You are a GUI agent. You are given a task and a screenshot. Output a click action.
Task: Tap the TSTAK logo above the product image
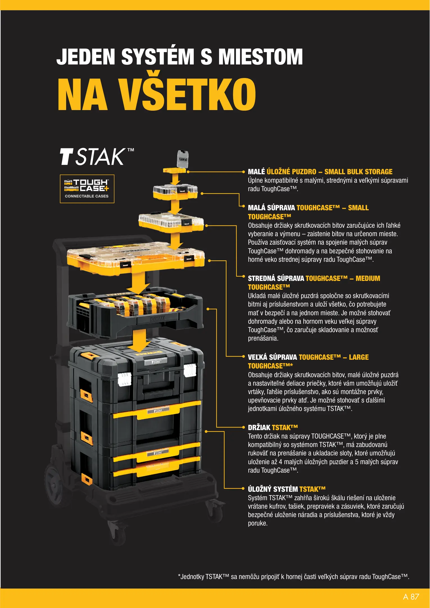[97, 157]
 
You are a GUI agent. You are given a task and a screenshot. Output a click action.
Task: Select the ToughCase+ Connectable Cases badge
[87, 189]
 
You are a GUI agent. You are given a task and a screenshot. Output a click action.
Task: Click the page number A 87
[411, 596]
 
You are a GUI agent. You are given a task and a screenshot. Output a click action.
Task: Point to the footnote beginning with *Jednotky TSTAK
[293, 576]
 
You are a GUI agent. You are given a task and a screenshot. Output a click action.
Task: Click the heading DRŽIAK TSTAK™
[273, 427]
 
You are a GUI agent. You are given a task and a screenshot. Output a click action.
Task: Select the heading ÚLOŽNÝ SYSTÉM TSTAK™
[287, 489]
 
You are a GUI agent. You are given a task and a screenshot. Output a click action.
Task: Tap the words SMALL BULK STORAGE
[358, 171]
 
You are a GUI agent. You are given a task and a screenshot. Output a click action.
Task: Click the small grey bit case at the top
[183, 159]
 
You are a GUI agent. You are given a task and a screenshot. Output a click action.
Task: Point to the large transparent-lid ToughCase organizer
[136, 259]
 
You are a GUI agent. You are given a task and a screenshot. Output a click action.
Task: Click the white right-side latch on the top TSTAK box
[190, 370]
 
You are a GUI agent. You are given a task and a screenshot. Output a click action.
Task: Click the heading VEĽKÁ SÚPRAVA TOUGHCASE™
[308, 361]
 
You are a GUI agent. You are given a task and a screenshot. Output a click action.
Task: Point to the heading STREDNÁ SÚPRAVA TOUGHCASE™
[314, 283]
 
